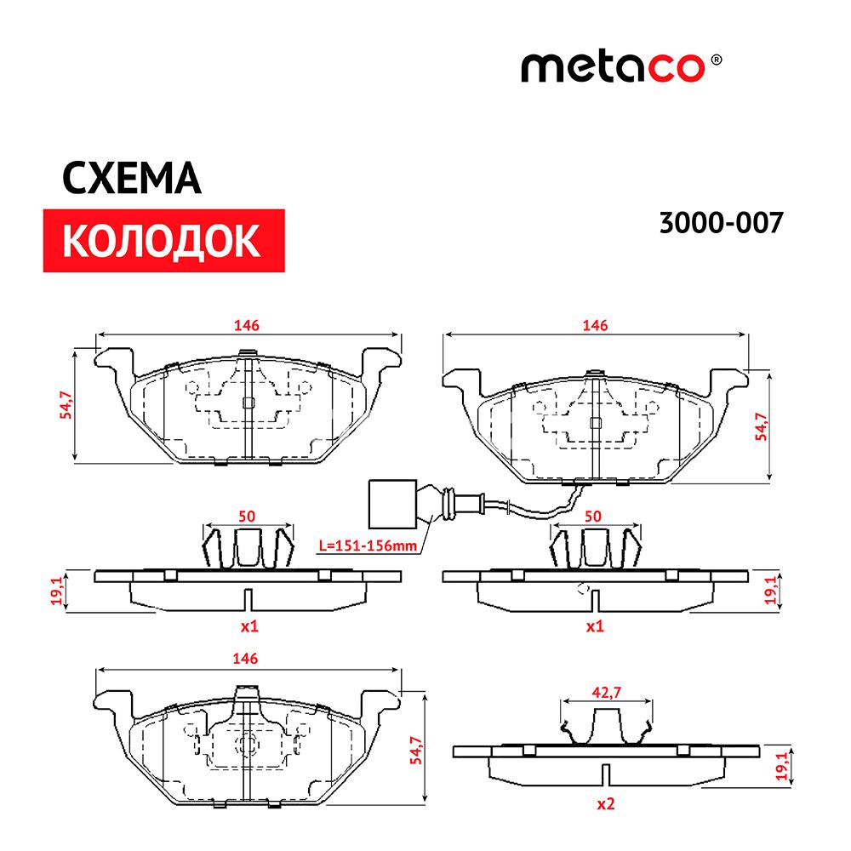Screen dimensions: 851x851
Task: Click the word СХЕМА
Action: click(x=132, y=178)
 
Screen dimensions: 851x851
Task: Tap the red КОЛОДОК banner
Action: click(x=163, y=241)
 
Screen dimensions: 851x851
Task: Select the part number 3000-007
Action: click(x=722, y=222)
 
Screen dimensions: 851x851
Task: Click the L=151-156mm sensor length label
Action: click(x=368, y=545)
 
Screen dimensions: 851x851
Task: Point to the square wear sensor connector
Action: click(x=392, y=504)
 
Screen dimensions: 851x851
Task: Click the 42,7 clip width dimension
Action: click(x=606, y=693)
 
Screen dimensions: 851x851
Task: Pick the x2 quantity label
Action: click(x=606, y=804)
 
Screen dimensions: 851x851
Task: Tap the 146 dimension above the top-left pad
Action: click(x=247, y=325)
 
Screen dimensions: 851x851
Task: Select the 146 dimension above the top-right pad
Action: click(x=595, y=325)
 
